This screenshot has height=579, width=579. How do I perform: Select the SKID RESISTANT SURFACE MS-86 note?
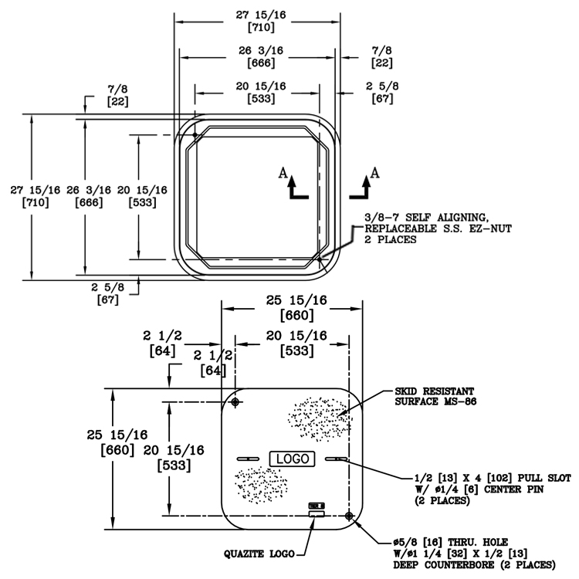pyautogui.click(x=443, y=396)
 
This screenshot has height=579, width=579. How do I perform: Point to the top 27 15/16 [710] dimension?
pyautogui.click(x=257, y=19)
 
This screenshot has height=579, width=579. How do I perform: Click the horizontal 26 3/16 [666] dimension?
pyautogui.click(x=257, y=56)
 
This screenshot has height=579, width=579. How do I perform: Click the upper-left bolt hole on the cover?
pyautogui.click(x=235, y=402)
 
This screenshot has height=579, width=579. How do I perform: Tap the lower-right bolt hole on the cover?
pyautogui.click(x=350, y=515)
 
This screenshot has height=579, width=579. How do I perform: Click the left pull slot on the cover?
pyautogui.click(x=249, y=459)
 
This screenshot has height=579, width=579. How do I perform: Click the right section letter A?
pyautogui.click(x=375, y=172)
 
